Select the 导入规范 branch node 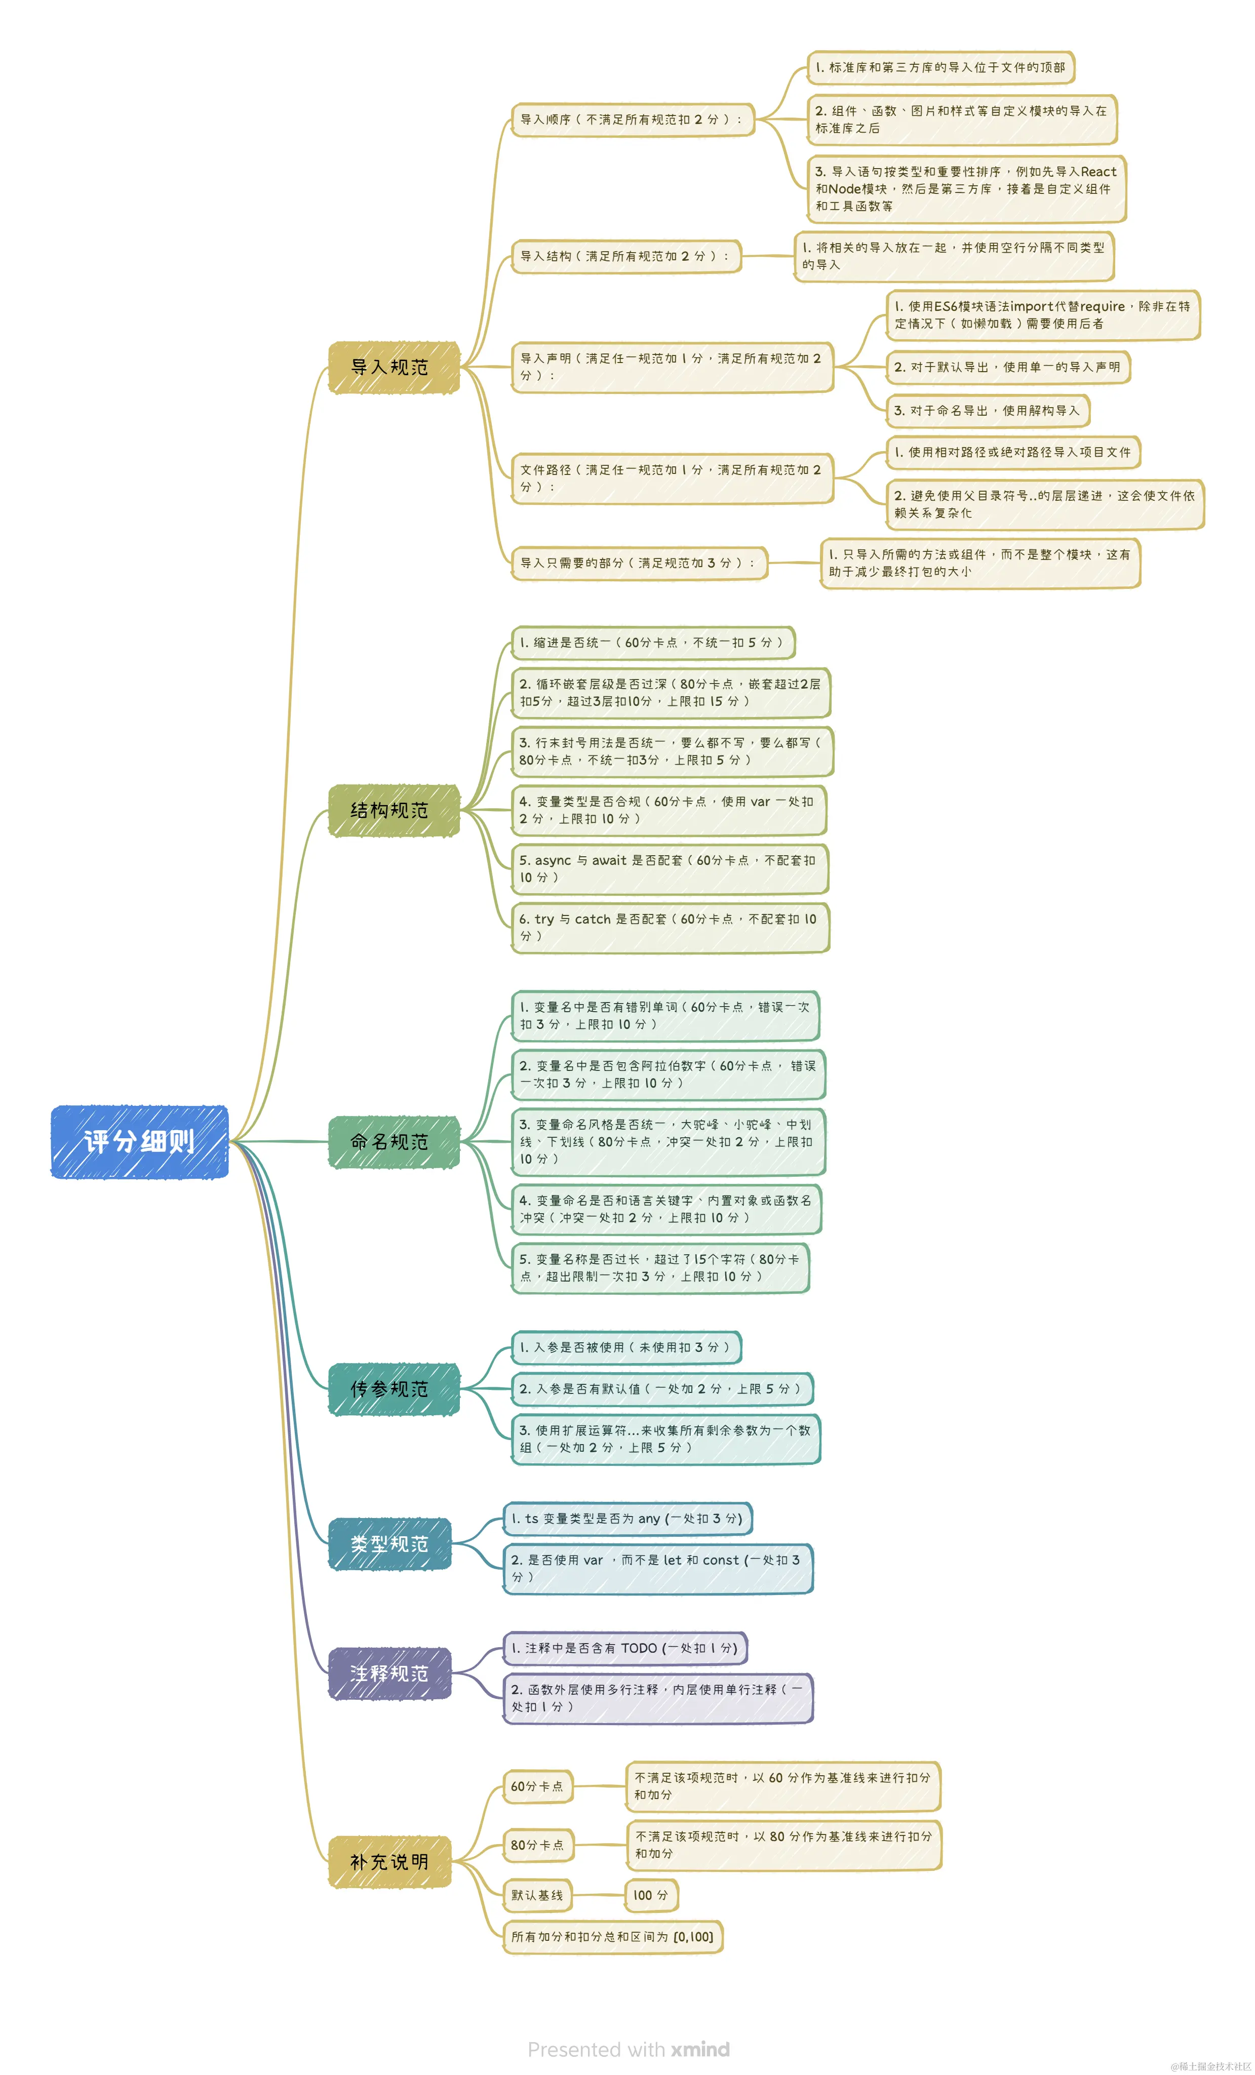click(x=394, y=367)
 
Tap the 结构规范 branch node click(x=394, y=810)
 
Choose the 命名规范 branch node click(x=394, y=1142)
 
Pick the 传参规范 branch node click(x=394, y=1389)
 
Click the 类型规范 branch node click(x=389, y=1544)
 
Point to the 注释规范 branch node click(x=389, y=1673)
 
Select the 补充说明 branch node click(x=389, y=1862)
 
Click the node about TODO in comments click(x=625, y=1648)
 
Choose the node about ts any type click(x=627, y=1519)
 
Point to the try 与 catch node click(x=670, y=927)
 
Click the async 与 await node click(x=670, y=868)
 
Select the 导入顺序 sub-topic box click(x=632, y=119)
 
